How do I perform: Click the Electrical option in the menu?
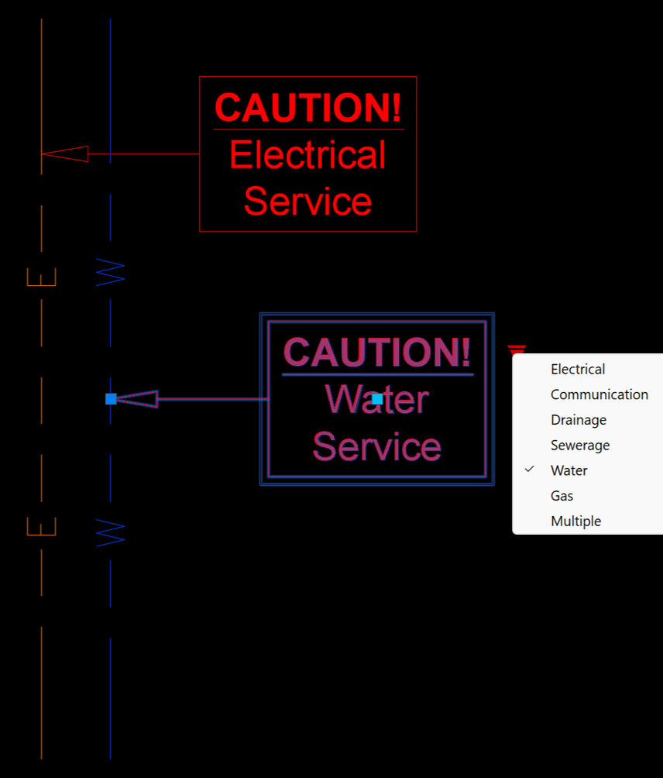(578, 369)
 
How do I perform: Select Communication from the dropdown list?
(599, 394)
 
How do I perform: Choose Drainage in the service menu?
(578, 420)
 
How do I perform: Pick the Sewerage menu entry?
(579, 446)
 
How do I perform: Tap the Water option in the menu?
(569, 470)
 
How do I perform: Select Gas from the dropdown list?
(562, 496)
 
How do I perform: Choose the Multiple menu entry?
(575, 522)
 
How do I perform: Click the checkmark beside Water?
(530, 470)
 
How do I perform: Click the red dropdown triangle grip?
(517, 350)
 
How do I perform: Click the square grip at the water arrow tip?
(111, 399)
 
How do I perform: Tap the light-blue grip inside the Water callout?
(377, 399)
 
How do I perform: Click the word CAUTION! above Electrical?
(308, 108)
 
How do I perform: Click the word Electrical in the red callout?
(307, 155)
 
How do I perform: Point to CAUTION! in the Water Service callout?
(377, 353)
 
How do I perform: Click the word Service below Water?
(376, 448)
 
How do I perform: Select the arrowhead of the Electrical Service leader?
(65, 154)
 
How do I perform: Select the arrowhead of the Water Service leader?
(137, 399)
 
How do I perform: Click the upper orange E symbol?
(42, 277)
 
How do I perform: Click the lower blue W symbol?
(110, 533)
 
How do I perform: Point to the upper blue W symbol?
(110, 272)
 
